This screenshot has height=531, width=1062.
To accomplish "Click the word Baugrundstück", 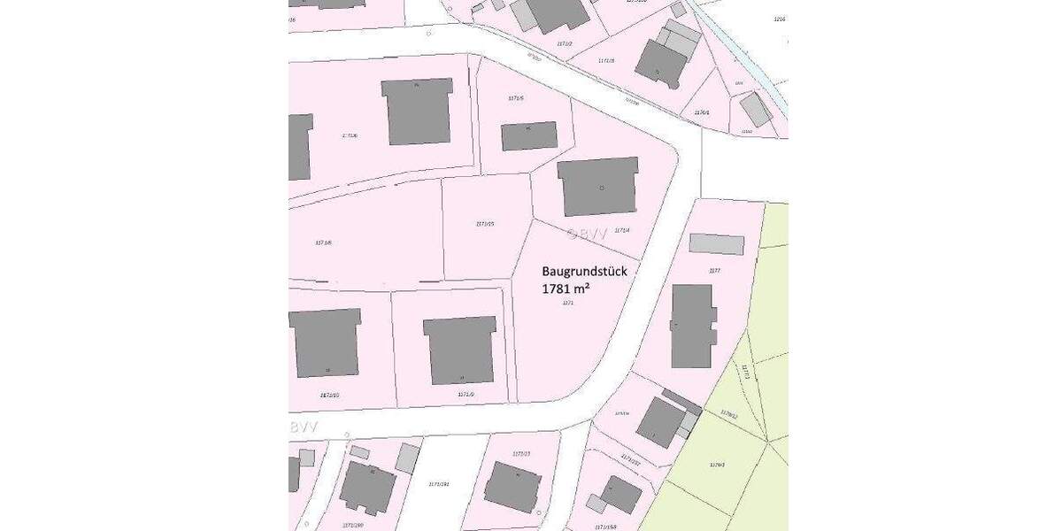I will coord(584,272).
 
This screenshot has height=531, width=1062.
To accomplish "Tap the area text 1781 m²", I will coord(566,289).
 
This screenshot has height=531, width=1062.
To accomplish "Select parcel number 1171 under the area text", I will coord(568,303).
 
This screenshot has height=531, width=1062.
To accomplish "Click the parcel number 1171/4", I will coord(621,231).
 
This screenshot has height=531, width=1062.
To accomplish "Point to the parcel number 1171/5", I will coord(516,98).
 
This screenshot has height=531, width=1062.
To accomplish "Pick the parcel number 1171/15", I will coord(485,224).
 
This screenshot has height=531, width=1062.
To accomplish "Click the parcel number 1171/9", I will coord(466,394).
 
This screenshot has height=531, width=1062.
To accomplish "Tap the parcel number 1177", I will coord(715,271).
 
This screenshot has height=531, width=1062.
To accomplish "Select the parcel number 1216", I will coord(779,19).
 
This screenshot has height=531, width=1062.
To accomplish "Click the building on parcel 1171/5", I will coord(529,136).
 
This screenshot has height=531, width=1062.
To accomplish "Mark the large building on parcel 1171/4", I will coord(599,186).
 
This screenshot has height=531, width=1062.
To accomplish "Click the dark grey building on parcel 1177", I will coord(692,326).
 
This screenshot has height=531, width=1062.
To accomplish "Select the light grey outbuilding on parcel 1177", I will coord(716,244).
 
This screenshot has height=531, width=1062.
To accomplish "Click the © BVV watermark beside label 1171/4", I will coord(587,235).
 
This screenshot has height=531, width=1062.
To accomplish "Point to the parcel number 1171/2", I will coord(565,43).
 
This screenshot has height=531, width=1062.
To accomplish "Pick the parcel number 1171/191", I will coord(439,484).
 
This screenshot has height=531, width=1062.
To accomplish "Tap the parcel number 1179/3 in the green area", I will coord(717,464).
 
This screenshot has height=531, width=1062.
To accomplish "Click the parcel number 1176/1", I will coord(702,112).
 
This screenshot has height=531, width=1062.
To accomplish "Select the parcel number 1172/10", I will coord(329,395).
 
